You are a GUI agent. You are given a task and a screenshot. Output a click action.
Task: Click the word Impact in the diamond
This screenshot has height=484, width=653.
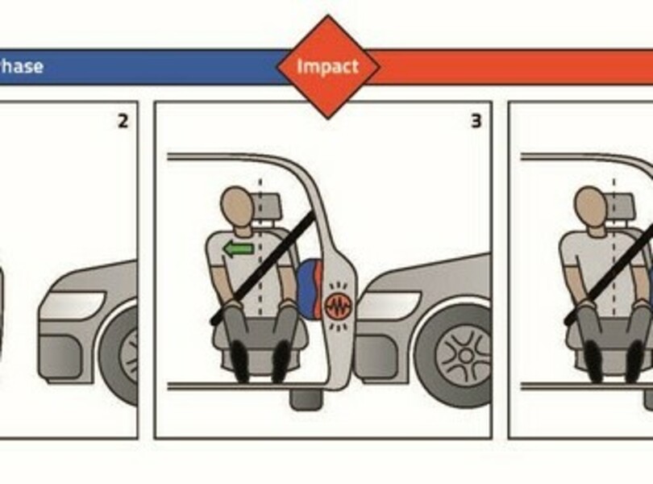coord(328,67)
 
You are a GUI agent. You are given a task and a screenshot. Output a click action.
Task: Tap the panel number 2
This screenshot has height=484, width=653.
coord(123,121)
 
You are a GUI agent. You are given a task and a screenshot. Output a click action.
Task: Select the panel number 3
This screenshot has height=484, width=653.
coord(476,121)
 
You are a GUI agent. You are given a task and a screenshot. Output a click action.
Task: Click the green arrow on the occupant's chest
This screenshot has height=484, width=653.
coord(238,249)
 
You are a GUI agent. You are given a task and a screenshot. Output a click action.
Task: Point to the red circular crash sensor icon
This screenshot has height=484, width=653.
coord(338,306)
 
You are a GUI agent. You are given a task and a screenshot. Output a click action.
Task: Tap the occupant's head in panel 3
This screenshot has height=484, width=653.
coord(236,207)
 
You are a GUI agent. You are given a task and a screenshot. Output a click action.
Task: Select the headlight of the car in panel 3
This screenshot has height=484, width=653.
coord(389,306)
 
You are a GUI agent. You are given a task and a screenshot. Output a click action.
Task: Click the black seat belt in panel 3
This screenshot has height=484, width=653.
coord(262,268)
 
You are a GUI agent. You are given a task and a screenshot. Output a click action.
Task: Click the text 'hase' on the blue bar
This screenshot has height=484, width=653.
coord(21,67)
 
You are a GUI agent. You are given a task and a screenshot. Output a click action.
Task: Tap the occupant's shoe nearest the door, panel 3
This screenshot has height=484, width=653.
coord(281,361)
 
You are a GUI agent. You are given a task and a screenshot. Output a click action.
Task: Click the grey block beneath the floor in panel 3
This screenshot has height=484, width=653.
coord(306,399)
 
